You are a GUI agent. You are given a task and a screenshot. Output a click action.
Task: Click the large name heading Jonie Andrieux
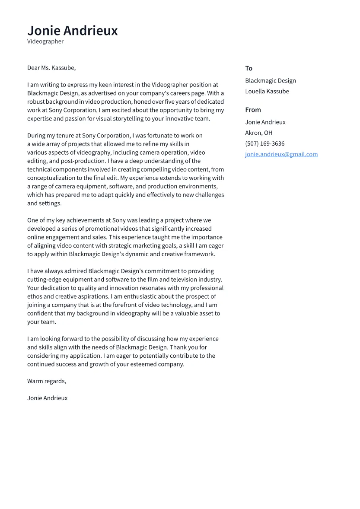[x=72, y=31]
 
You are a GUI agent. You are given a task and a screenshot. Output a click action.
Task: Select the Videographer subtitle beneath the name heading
[x=45, y=41]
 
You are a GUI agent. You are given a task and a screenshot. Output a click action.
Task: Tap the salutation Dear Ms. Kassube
[x=51, y=68]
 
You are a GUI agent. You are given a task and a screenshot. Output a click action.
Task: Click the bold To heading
[x=248, y=68]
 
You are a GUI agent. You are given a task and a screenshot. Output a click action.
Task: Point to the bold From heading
[x=253, y=110]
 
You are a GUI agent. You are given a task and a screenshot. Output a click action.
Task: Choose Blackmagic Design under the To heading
[x=270, y=80]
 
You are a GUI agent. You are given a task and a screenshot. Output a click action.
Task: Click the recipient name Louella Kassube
[x=267, y=91]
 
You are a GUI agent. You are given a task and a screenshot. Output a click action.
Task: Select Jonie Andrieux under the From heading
[x=265, y=122]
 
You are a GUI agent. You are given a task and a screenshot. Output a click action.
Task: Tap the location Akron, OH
[x=258, y=133]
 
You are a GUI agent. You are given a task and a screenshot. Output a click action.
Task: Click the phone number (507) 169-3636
[x=264, y=143]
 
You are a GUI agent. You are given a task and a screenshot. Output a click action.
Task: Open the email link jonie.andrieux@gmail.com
[x=281, y=154]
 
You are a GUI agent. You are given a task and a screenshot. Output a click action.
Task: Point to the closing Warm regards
[x=47, y=381]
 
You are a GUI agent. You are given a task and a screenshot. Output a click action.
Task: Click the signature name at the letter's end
[x=47, y=398]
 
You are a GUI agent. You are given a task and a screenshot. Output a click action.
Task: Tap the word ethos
[x=35, y=296]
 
